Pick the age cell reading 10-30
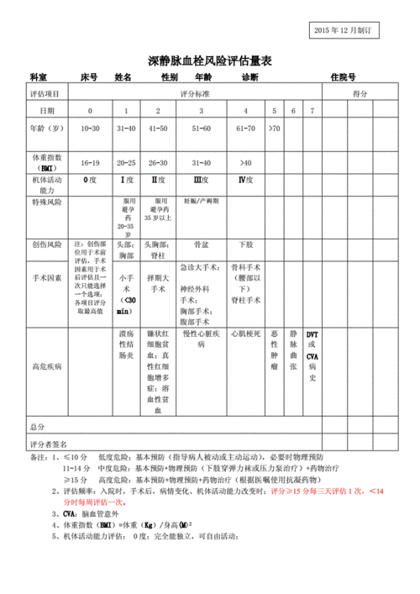coord(90,129)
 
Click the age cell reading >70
coord(275,129)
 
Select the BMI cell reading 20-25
coord(126,162)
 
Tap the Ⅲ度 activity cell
coord(202,180)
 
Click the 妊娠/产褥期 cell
coord(202,202)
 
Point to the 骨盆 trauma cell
coord(202,244)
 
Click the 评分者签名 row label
coord(47,444)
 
